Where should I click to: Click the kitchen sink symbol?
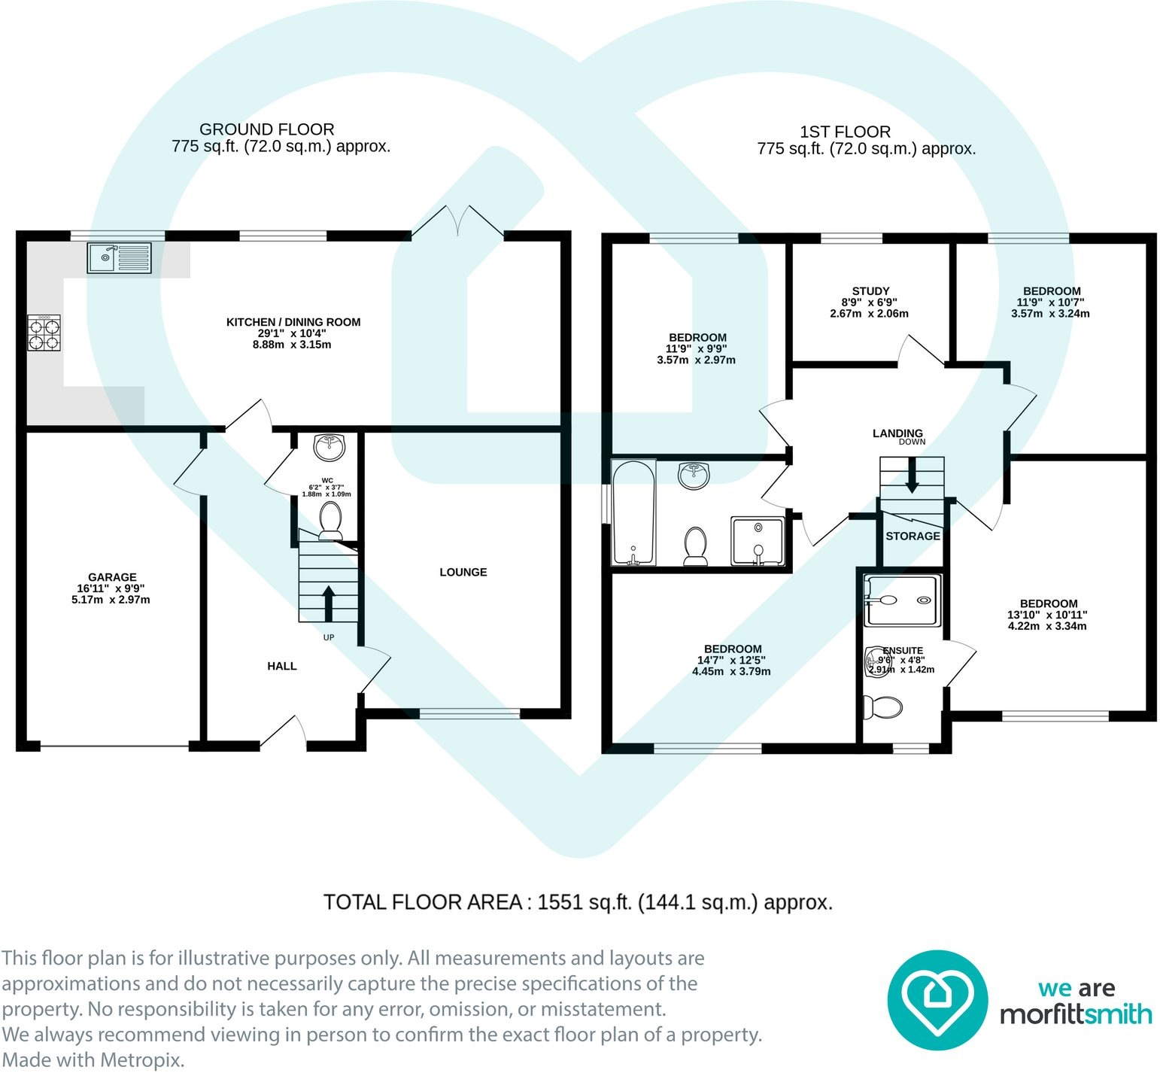(x=119, y=257)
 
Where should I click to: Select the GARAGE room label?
(x=112, y=577)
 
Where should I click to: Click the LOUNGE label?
(x=463, y=572)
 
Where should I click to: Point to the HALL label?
(x=282, y=666)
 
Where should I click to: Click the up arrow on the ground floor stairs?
(x=329, y=603)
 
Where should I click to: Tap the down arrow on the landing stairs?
(x=912, y=476)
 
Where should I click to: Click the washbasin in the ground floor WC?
(x=329, y=446)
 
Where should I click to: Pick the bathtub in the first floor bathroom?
(x=634, y=513)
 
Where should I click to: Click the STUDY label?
(x=870, y=291)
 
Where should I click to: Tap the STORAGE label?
(x=913, y=536)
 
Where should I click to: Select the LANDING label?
(x=897, y=433)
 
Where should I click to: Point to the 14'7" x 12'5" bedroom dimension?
(x=731, y=660)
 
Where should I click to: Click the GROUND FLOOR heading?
(x=266, y=129)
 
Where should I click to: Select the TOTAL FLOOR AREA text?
(x=578, y=902)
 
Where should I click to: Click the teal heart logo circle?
(x=937, y=1000)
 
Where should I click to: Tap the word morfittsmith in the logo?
(x=1076, y=1014)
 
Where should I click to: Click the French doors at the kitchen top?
(x=457, y=222)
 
